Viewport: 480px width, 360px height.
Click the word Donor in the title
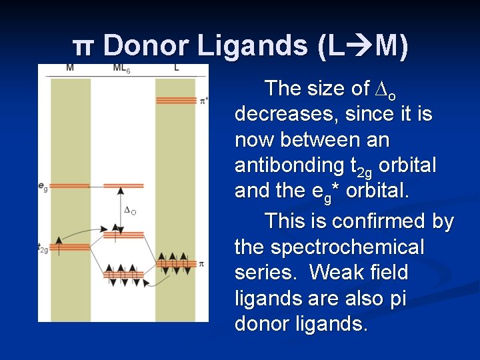pyautogui.click(x=145, y=46)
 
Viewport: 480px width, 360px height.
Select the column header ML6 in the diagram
pyautogui.click(x=121, y=68)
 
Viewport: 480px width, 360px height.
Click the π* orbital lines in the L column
pyautogui.click(x=175, y=101)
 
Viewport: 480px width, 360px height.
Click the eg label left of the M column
pyautogui.click(x=43, y=187)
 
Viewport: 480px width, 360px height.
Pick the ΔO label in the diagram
pyautogui.click(x=130, y=210)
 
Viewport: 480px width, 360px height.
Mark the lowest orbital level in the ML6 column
pyautogui.click(x=124, y=275)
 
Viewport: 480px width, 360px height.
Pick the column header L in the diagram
pyautogui.click(x=176, y=68)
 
